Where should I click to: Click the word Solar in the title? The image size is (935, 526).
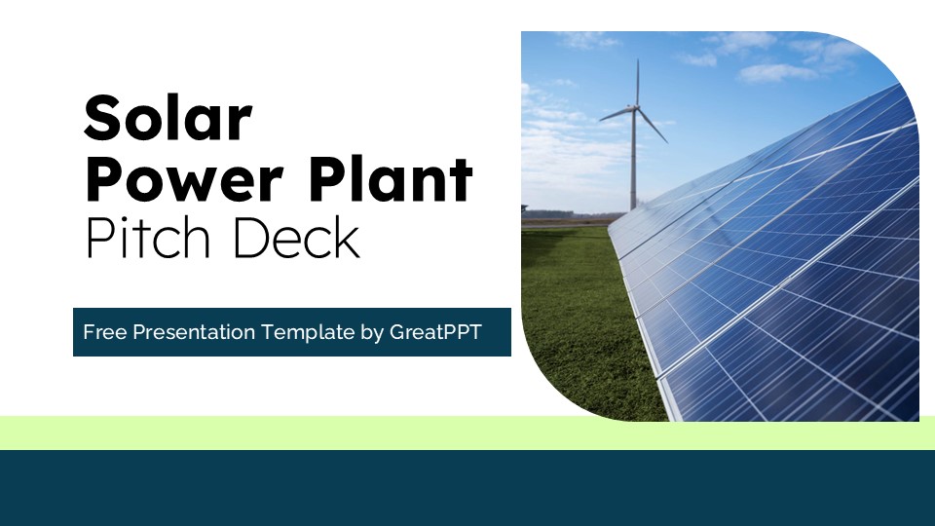coord(168,120)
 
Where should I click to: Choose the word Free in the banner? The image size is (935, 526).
coord(104,332)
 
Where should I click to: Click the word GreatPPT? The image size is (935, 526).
coord(435,332)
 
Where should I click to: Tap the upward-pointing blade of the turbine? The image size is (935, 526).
coord(637,82)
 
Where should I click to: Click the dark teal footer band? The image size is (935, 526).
coord(467,487)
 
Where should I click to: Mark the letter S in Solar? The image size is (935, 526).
coord(103,120)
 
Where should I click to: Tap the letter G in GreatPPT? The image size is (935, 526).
coord(397,332)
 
